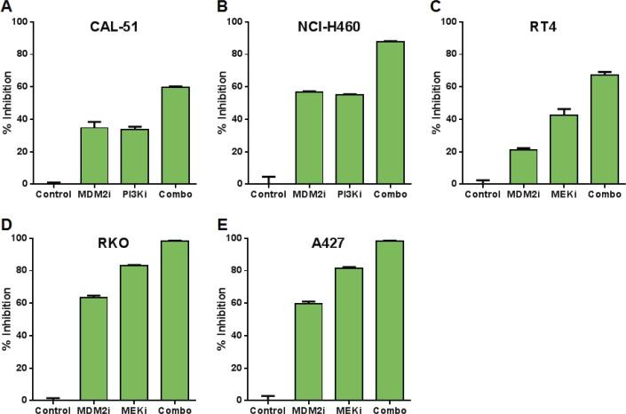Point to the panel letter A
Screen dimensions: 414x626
pos(6,7)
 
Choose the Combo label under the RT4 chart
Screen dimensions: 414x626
pos(605,193)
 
